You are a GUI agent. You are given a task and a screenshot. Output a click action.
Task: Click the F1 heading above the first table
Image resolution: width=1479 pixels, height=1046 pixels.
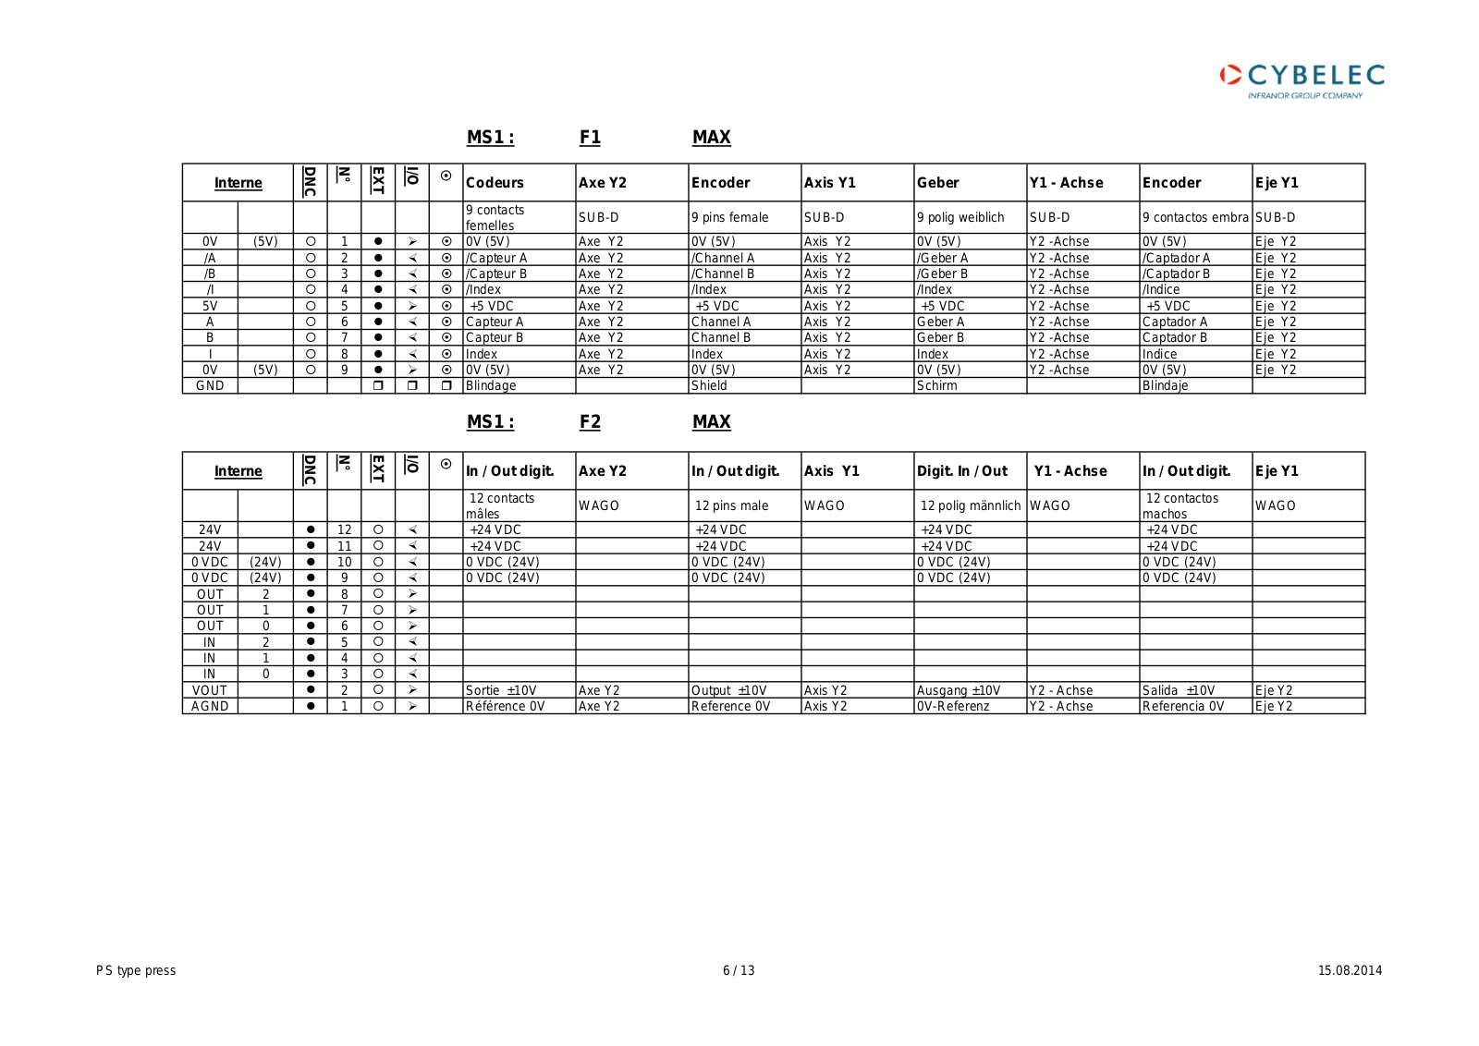pos(590,138)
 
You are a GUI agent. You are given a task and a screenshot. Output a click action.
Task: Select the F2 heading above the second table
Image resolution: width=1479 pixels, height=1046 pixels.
pos(590,422)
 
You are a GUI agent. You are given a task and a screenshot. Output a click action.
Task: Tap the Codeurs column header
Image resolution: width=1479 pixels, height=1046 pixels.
pos(495,183)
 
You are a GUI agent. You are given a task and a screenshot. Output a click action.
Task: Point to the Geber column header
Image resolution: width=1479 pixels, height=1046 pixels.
pos(937,183)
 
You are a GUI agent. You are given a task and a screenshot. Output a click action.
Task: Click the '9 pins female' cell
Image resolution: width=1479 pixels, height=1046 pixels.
pos(729,218)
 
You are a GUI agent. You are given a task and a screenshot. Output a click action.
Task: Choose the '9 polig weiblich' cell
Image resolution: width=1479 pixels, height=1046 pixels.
pos(960,218)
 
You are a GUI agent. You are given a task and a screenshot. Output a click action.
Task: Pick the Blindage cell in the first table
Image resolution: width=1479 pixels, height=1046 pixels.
pos(491,386)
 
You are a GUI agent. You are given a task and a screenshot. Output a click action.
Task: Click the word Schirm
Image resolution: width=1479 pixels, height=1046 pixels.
pos(936,386)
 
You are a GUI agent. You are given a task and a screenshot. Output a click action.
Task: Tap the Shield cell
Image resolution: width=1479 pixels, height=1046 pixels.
pos(709,386)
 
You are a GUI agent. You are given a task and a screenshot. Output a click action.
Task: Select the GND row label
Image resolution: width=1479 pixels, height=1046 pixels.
pos(210,386)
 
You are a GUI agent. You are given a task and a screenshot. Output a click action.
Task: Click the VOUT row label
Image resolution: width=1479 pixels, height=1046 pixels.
pos(210,690)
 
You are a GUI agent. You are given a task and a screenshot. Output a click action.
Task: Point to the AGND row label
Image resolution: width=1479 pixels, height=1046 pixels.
pos(210,707)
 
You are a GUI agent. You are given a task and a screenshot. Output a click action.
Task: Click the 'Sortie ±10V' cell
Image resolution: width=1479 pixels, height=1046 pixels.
pos(500,690)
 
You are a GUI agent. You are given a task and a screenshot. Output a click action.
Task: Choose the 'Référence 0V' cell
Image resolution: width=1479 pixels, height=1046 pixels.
pos(505,707)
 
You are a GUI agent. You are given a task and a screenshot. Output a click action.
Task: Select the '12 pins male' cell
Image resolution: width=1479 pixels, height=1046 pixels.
pos(731,506)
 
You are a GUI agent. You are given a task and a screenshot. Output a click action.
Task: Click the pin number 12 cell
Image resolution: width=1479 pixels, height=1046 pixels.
pos(344,530)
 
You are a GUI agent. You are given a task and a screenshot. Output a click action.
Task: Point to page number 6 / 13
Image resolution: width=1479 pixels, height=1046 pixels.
pos(739,970)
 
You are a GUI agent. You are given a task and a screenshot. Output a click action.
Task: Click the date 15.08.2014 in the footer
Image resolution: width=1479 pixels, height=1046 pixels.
pos(1350,970)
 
